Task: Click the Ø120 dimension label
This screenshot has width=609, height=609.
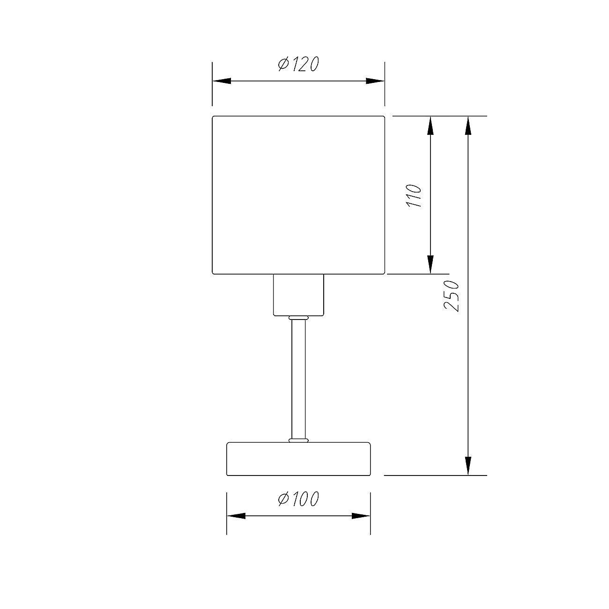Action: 298,64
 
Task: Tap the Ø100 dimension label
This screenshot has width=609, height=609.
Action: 298,499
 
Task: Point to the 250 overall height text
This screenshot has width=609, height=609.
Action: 451,296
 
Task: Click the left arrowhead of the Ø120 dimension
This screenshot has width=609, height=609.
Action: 222,81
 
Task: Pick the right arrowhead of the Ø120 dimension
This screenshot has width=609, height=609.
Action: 375,81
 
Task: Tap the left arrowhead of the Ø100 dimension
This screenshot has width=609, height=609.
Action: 236,516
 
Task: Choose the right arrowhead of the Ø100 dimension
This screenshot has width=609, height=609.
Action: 361,516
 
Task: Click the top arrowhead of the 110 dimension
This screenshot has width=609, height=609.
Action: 430,126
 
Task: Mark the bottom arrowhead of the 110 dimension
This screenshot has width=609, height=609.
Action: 430,264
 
